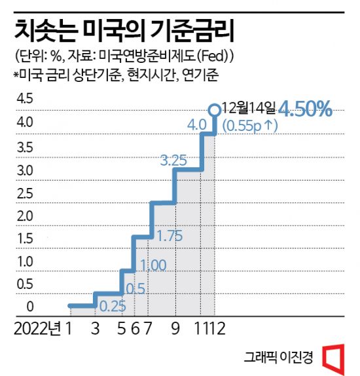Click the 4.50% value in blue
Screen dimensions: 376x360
coord(306,109)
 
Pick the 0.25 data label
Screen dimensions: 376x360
coord(113,306)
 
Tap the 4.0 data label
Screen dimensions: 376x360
coord(197,124)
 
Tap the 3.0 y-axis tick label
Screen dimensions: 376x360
coord(24,170)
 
